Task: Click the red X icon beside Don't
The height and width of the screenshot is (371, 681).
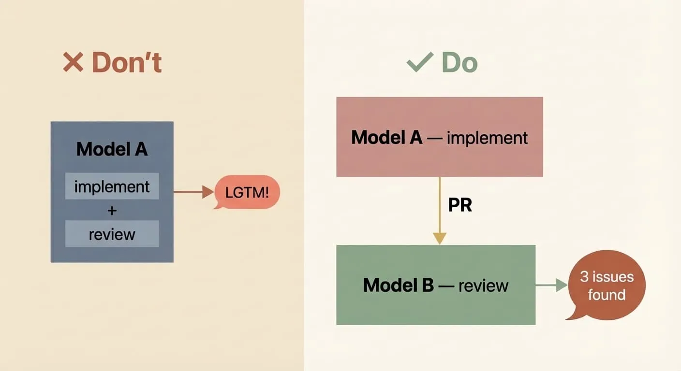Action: coord(73,63)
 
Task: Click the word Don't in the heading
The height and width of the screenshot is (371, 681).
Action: coord(127,63)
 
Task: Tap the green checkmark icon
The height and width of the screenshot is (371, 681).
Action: coord(419,63)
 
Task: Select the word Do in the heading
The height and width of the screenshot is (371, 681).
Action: coord(459,63)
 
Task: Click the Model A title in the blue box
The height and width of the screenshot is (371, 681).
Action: coord(112,149)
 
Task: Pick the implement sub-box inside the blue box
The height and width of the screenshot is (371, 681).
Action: coord(112,186)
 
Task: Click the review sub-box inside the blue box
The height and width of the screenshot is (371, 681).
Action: coord(112,234)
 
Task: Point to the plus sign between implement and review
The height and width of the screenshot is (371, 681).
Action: coord(112,210)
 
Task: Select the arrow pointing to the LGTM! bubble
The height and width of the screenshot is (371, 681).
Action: coord(193,192)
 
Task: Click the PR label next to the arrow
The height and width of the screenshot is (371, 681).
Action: coord(460,205)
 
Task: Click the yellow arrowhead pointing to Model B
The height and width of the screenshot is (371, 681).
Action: coord(440,238)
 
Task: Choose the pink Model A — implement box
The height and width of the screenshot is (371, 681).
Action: coord(439,137)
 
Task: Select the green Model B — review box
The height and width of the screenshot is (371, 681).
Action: coord(435,285)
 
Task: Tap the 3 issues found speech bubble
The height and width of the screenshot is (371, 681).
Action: coord(607,285)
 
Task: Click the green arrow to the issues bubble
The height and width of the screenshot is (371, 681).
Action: coord(551,285)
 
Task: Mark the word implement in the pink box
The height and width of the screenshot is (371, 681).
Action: coord(487,138)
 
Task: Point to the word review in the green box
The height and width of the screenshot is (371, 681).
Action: coord(483,285)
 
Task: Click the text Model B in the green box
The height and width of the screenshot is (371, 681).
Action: coord(399,285)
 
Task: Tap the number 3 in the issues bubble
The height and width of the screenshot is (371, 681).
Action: coord(584,277)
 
